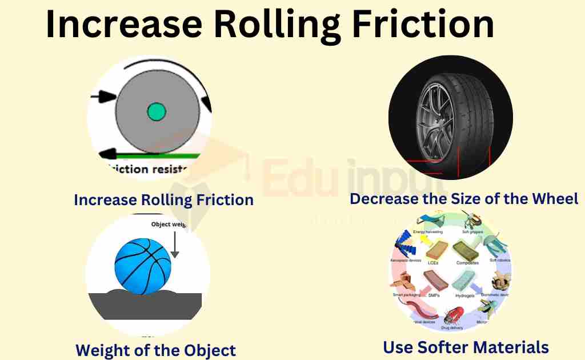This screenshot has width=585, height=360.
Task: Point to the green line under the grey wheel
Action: (160, 154)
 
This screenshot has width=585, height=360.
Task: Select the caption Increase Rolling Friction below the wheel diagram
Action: (163, 200)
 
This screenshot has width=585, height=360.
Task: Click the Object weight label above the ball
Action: (169, 225)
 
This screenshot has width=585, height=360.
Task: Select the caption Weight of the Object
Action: (155, 350)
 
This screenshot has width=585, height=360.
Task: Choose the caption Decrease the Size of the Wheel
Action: (464, 199)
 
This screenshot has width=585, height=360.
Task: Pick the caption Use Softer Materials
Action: (466, 347)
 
